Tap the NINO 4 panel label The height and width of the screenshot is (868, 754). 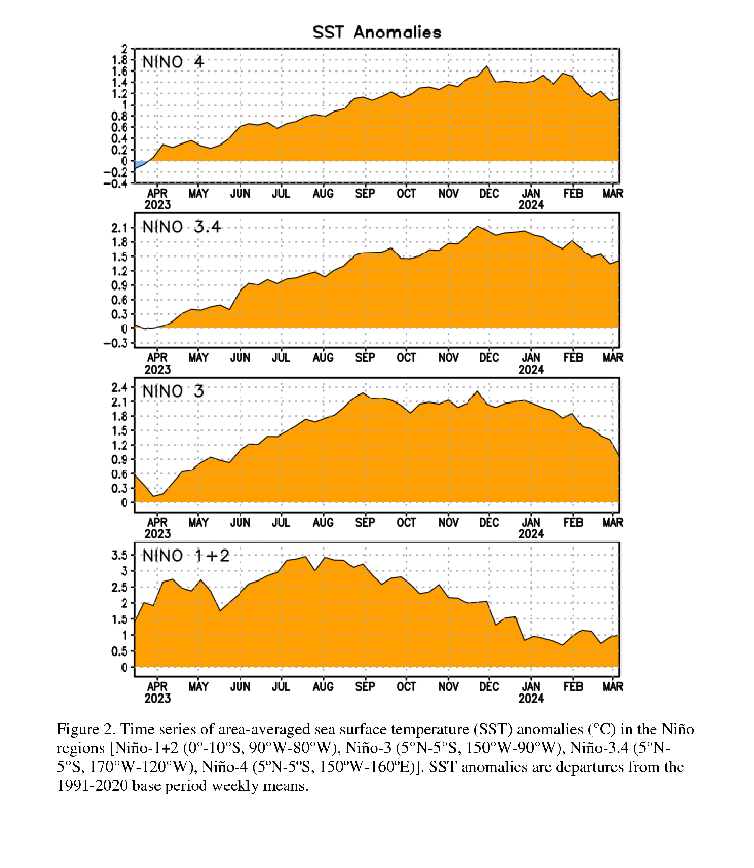(x=173, y=62)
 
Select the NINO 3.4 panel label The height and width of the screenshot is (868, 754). (x=181, y=227)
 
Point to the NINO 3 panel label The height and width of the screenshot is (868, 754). (x=173, y=391)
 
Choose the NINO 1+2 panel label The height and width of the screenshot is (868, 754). (x=186, y=556)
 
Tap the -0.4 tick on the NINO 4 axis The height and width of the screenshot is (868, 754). (x=116, y=183)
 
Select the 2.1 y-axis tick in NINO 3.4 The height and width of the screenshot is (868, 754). (x=120, y=228)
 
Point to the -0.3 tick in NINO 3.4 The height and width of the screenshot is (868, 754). (x=116, y=343)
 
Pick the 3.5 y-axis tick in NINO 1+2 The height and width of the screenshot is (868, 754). (x=120, y=555)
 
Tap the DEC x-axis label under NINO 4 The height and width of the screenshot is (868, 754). (x=489, y=193)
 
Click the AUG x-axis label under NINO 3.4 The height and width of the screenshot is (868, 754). (x=323, y=358)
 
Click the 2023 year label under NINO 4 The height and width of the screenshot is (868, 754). (x=157, y=205)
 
